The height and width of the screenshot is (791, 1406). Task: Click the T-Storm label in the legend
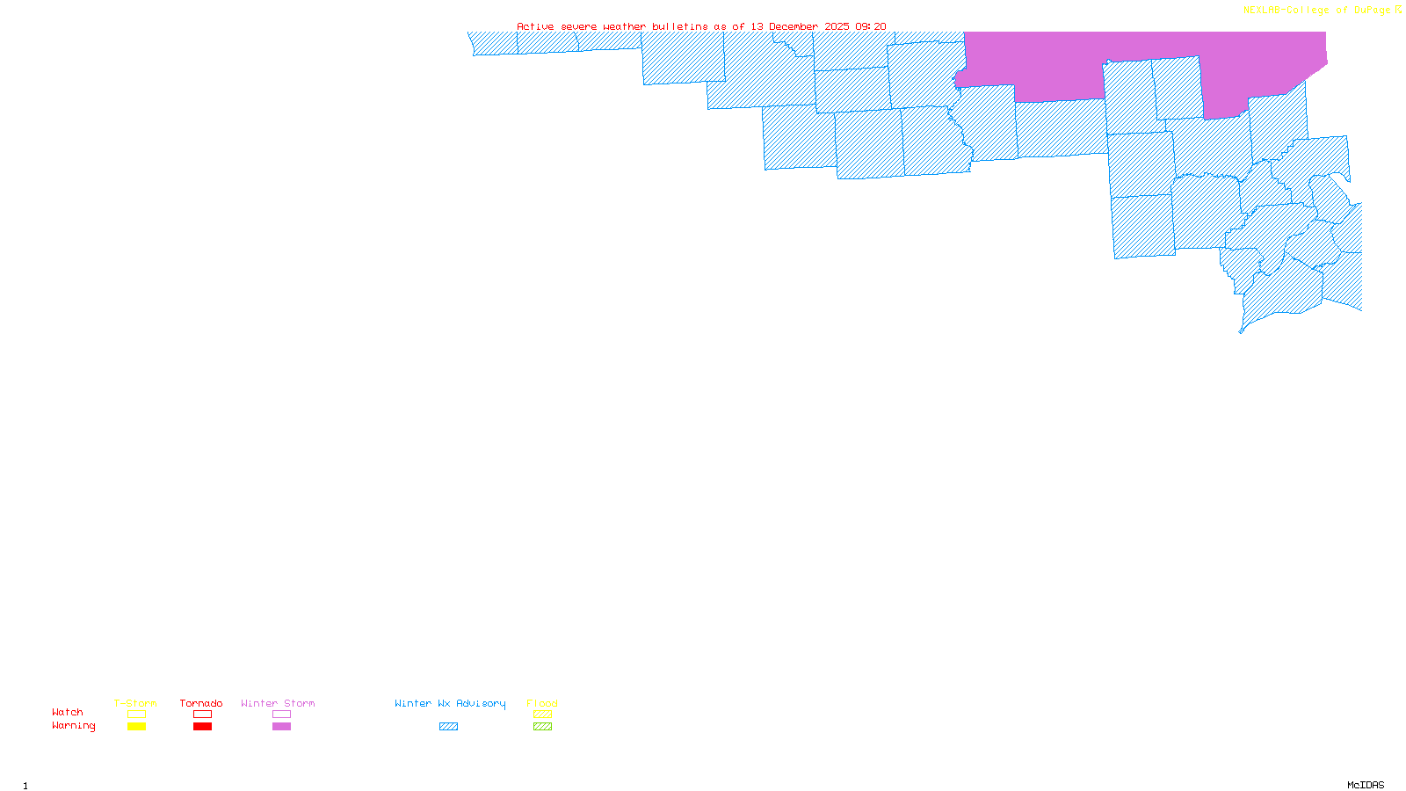(135, 703)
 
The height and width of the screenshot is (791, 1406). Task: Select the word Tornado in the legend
(201, 703)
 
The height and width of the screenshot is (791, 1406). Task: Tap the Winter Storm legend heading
(278, 703)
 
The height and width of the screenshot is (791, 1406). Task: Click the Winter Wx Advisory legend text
(450, 703)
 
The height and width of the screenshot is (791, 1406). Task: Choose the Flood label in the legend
(542, 703)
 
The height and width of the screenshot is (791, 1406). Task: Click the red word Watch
(68, 712)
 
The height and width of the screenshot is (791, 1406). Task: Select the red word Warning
(74, 726)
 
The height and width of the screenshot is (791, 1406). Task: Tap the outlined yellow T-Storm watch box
(136, 715)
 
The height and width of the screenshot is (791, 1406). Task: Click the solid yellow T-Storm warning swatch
(136, 727)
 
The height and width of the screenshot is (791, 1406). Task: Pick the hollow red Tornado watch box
(202, 715)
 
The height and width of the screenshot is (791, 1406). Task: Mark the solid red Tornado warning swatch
(202, 727)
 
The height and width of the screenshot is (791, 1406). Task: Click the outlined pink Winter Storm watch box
(281, 715)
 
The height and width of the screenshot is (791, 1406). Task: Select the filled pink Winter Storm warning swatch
(281, 727)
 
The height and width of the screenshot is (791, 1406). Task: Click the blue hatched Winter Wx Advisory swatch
(448, 727)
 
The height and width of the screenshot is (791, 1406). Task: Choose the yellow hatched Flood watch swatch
(542, 715)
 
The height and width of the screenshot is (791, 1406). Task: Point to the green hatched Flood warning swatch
(542, 727)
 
